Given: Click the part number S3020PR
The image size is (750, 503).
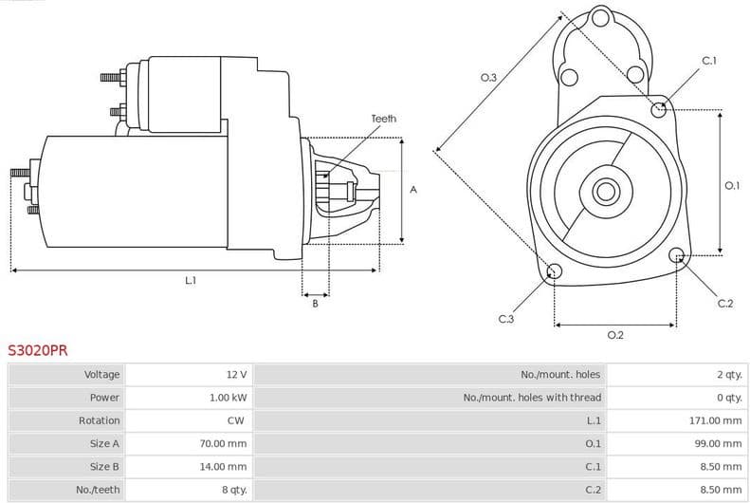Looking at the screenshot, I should click(x=38, y=349).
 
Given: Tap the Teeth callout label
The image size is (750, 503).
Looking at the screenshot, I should click(x=383, y=119).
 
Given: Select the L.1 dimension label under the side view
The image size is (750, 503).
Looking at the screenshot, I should click(x=190, y=281).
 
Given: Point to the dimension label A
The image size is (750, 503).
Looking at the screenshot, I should click(x=412, y=190).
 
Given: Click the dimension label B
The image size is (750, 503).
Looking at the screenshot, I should click(x=315, y=304).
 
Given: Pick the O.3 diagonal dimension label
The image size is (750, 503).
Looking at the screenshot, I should click(x=488, y=77).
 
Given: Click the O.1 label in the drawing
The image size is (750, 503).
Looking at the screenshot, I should click(x=731, y=186).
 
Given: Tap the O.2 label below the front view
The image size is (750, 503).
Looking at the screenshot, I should click(x=614, y=335).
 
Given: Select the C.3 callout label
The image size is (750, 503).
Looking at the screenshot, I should click(x=505, y=319).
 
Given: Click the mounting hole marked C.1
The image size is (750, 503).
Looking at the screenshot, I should click(x=660, y=109).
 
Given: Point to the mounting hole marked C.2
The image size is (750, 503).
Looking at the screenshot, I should click(x=677, y=255).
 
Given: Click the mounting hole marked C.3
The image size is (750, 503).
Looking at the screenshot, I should click(x=555, y=273).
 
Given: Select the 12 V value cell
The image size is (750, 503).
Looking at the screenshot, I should click(x=235, y=375).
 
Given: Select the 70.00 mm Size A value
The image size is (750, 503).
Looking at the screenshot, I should click(x=226, y=443).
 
